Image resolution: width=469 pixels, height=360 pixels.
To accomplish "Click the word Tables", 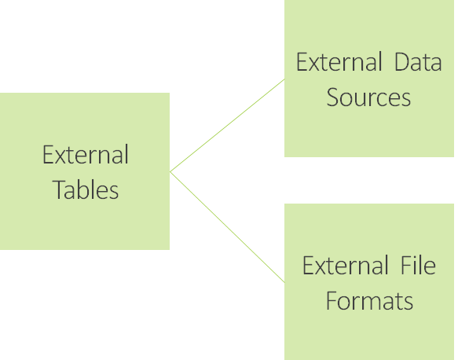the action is [x=86, y=189].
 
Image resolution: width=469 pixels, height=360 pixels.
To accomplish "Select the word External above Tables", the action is [x=86, y=154].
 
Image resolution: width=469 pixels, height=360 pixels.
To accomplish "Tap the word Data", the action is [x=418, y=62].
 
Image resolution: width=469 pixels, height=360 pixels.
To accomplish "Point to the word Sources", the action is [x=368, y=97].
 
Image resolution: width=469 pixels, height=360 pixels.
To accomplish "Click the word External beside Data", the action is [x=339, y=61].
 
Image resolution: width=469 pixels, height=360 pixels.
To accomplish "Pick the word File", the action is [x=418, y=265].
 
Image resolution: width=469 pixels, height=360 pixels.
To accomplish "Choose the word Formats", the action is [x=369, y=301].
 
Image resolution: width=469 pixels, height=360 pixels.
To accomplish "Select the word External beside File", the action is [x=346, y=265].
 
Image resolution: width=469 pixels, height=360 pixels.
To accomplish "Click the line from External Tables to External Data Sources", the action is [x=227, y=126].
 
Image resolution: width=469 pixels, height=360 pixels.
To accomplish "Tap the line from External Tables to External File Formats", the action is [x=227, y=227].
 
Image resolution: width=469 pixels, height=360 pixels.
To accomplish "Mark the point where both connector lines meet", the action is [x=170, y=172].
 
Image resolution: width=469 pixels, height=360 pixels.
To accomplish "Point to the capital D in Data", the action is [x=401, y=62].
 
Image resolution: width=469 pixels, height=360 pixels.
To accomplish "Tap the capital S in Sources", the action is [x=332, y=97].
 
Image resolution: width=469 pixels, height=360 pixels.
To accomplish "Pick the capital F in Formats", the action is [x=332, y=301].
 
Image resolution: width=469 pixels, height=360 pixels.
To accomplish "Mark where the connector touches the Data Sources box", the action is [x=284, y=79].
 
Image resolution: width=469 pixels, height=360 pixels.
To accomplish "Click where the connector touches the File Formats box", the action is [x=284, y=282].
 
